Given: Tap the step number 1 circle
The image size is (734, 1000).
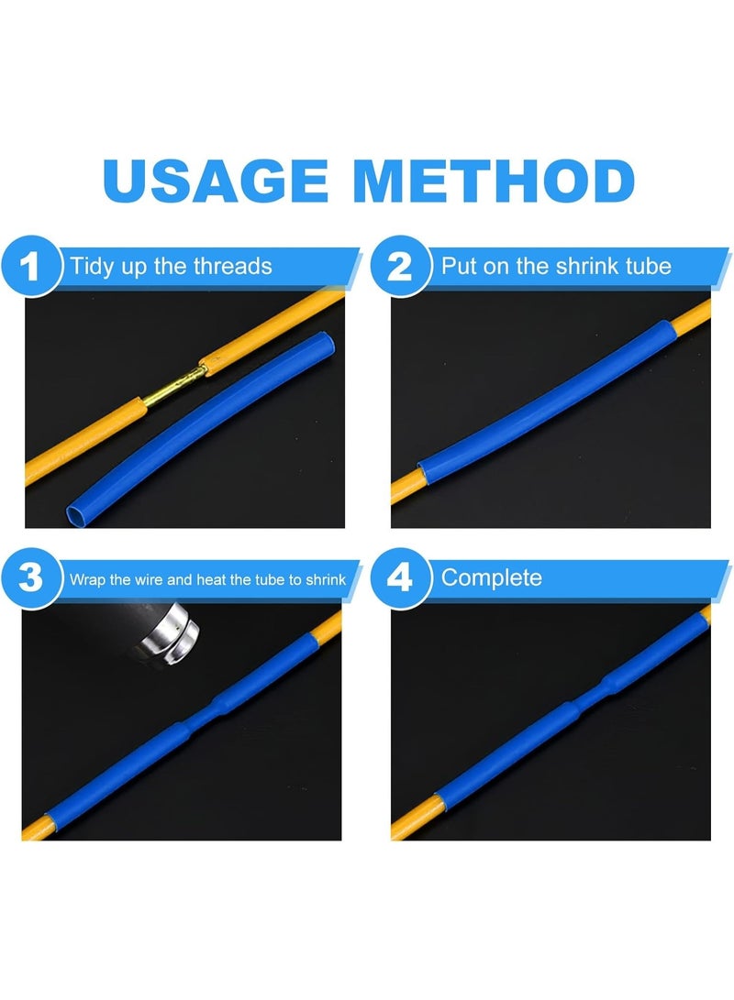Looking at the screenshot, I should pyautogui.click(x=30, y=268).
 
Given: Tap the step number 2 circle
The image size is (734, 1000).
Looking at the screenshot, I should pyautogui.click(x=399, y=268).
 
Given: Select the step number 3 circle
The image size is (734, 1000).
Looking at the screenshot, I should pyautogui.click(x=30, y=579).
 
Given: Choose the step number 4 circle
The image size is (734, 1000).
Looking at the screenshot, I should pyautogui.click(x=399, y=579).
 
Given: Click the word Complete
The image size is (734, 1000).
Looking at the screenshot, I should pyautogui.click(x=491, y=577).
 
